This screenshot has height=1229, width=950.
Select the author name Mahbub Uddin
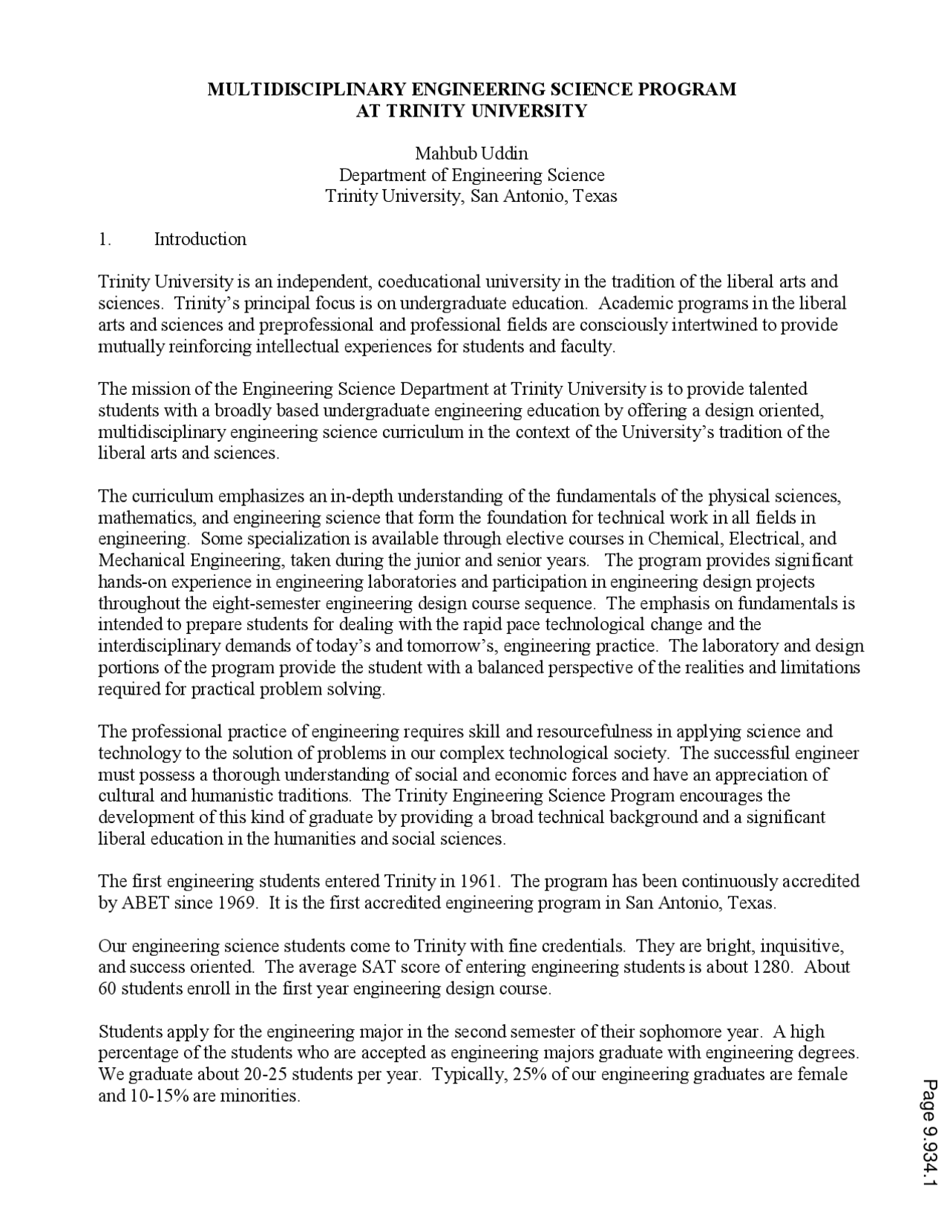click(x=471, y=154)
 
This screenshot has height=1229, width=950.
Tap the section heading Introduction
click(x=200, y=239)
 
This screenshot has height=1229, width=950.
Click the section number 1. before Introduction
click(x=105, y=239)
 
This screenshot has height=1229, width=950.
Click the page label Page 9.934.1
click(x=930, y=1133)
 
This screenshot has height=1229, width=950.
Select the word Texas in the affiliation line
click(x=594, y=197)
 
